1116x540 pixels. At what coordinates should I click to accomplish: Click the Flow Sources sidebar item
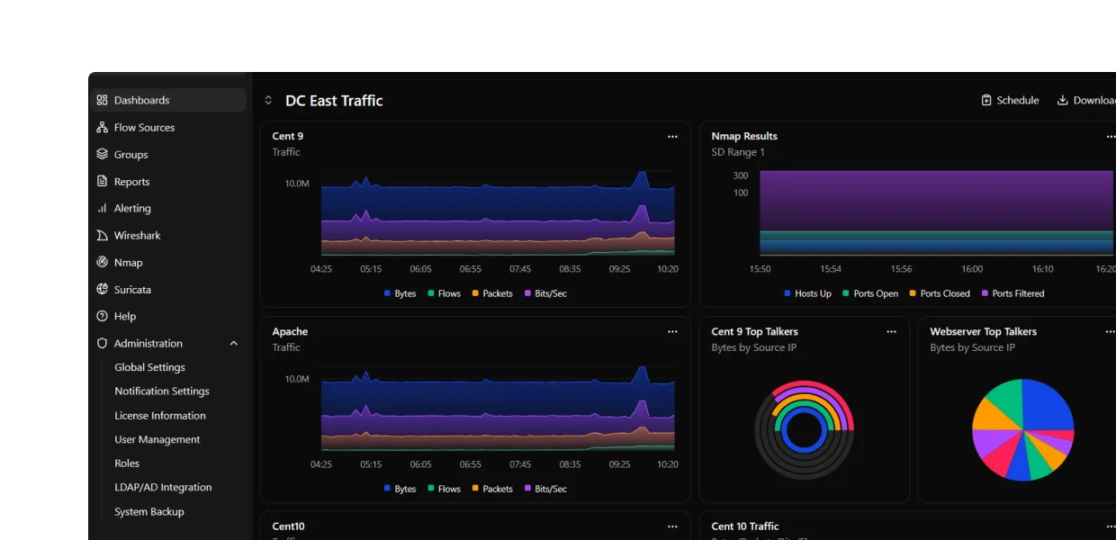click(144, 128)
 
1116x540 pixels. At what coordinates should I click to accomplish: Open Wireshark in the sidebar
click(137, 236)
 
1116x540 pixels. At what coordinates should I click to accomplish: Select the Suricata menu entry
click(132, 290)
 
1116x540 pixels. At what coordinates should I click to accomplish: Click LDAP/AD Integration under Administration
click(163, 488)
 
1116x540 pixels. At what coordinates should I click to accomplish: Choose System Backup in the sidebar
click(148, 512)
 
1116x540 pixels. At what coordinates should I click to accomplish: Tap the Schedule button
click(1010, 101)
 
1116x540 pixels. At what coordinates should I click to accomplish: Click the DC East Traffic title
click(334, 101)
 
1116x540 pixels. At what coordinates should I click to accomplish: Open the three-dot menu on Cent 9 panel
click(672, 137)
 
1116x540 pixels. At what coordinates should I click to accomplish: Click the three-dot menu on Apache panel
click(672, 332)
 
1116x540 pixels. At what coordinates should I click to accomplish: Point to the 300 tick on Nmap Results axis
click(740, 176)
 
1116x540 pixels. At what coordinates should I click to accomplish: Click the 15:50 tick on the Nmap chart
click(760, 269)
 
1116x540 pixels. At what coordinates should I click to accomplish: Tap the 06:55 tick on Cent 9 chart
click(470, 269)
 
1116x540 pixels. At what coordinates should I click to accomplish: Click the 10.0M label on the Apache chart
click(297, 379)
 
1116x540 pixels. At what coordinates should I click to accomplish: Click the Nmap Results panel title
click(743, 137)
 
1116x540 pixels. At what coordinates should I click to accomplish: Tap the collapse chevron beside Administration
click(234, 344)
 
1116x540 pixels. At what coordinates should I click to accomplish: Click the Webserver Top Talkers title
click(983, 332)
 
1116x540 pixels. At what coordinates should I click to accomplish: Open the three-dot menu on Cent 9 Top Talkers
click(891, 332)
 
